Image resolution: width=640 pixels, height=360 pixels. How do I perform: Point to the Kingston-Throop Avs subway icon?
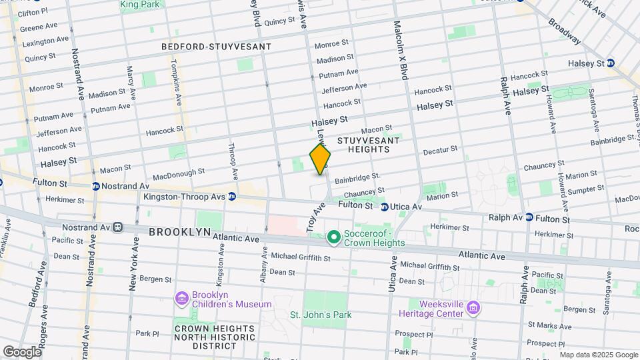click(x=232, y=196)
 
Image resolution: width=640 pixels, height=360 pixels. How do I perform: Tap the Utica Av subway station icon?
click(x=385, y=207)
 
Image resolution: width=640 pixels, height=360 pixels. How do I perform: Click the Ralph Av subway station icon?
click(x=529, y=217)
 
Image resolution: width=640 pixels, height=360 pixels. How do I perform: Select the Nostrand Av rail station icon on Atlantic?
click(x=118, y=227)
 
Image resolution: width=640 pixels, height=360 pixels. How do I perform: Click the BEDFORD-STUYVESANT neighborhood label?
click(x=217, y=47)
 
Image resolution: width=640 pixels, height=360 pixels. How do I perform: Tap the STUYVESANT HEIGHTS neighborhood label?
click(x=368, y=145)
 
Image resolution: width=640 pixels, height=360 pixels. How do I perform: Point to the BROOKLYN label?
click(x=179, y=232)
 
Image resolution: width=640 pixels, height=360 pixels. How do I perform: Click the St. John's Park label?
click(x=320, y=315)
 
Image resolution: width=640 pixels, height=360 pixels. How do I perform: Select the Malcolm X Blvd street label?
click(x=401, y=50)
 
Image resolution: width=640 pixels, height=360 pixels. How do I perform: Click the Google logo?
click(x=22, y=351)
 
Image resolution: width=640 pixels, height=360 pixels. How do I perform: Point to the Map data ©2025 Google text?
click(x=598, y=355)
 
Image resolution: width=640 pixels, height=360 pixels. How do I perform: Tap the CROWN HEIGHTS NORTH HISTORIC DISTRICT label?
click(x=215, y=337)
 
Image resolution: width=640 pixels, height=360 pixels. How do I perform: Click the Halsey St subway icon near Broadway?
click(x=611, y=63)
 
